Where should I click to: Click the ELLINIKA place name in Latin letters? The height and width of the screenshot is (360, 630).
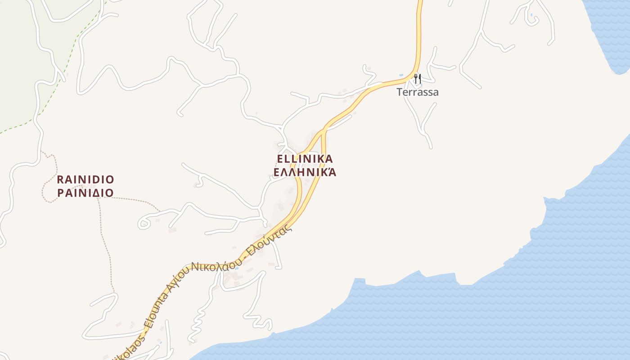point(305,159)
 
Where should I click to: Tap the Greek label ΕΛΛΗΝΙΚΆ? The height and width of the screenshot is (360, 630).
point(305,172)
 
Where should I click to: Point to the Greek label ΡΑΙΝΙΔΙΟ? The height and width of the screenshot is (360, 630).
point(85,193)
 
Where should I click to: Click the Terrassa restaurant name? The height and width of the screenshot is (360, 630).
point(417,92)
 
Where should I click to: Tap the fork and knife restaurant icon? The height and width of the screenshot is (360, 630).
point(418,79)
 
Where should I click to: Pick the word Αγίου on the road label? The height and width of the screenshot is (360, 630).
point(178,279)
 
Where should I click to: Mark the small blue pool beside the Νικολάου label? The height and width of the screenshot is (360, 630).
point(237,268)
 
